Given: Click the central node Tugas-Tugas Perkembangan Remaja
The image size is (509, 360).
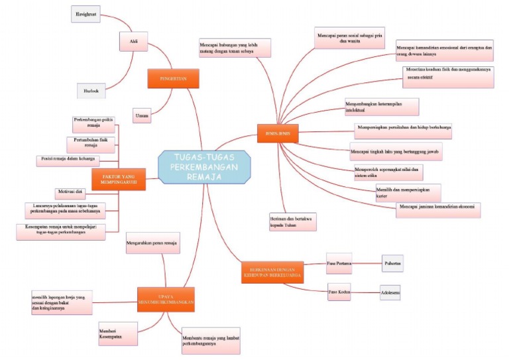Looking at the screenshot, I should (205, 166).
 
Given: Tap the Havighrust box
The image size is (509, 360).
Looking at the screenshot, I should (85, 14).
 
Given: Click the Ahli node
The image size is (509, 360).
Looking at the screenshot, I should (134, 41).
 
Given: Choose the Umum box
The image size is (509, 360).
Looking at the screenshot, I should (141, 115).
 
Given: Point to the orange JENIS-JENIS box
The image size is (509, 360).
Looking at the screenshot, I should (278, 133).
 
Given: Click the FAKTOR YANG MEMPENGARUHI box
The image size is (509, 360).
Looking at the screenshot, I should (119, 179).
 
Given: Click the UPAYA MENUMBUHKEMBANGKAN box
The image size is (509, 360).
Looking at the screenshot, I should (166, 299).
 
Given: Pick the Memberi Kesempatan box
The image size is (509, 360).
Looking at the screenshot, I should (118, 333).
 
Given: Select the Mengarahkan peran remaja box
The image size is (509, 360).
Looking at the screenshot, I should (154, 243).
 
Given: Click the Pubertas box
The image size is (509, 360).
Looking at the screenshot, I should (392, 263).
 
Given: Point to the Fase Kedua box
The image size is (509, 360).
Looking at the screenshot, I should (339, 290).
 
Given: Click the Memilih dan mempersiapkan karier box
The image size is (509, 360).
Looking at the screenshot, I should (403, 193).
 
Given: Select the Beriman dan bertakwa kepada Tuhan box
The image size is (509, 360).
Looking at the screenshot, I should (292, 221).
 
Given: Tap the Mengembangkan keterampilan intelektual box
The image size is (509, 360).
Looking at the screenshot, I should (382, 107).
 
